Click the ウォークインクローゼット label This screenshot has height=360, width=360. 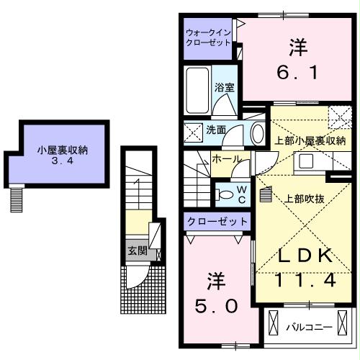208,37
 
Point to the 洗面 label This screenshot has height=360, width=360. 216,131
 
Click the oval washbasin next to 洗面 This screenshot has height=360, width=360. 257,132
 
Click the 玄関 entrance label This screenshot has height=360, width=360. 137,251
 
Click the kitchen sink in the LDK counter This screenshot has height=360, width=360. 305,161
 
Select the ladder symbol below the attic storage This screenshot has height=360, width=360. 17,199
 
